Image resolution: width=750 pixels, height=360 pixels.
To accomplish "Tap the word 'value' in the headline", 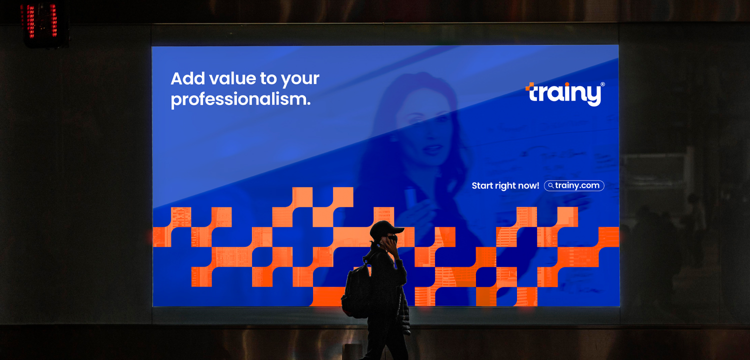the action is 232,78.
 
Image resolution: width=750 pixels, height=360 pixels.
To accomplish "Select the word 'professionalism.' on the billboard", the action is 240,99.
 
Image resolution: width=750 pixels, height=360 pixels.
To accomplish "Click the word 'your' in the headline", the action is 300,79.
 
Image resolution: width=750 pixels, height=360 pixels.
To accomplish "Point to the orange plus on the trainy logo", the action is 529,86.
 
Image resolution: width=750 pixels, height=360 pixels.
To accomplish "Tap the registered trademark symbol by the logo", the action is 602,84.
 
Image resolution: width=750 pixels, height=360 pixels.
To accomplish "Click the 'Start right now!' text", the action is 505,185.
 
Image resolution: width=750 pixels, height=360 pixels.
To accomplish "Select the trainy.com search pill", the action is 574,185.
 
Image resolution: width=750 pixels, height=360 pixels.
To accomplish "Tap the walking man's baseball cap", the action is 386,228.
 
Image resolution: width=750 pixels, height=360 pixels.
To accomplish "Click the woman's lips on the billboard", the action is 432,147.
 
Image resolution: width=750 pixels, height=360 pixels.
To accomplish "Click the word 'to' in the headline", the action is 268,78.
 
